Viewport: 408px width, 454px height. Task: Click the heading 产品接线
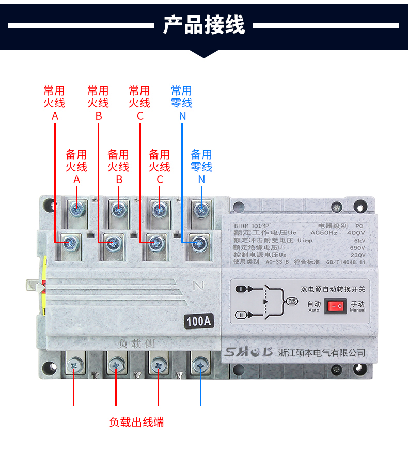[x=204, y=24]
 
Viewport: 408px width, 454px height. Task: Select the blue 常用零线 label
[x=182, y=97]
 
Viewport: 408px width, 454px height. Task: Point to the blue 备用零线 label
[x=201, y=161]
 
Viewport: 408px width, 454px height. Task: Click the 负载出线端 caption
[x=136, y=422]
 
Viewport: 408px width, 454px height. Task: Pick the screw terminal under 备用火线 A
[x=77, y=209]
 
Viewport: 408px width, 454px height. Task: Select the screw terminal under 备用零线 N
[x=200, y=209]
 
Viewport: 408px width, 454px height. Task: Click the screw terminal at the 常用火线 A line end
[x=70, y=242]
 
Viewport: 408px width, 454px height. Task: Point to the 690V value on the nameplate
[x=357, y=247]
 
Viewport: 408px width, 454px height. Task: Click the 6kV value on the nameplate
[x=359, y=240]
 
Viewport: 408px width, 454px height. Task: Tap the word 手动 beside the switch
[x=357, y=304]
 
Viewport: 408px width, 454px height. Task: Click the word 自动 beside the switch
[x=314, y=304]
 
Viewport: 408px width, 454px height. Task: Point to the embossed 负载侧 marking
[x=136, y=343]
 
